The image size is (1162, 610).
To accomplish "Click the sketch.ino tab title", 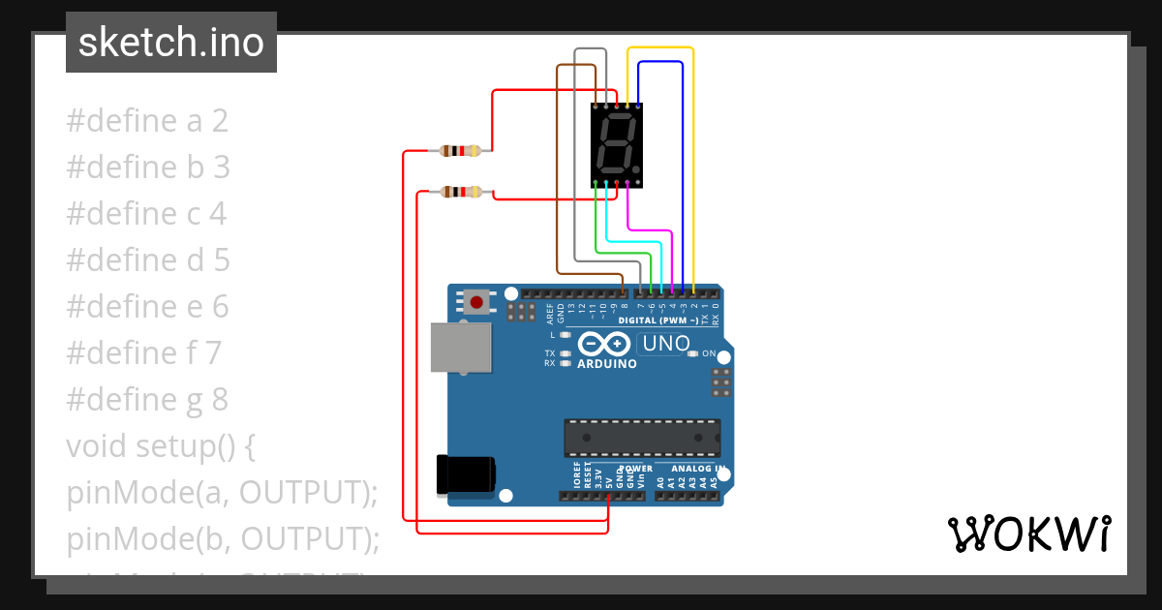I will [x=171, y=43].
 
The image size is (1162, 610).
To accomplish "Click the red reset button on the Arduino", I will [x=476, y=302].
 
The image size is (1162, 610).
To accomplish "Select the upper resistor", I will [x=460, y=150].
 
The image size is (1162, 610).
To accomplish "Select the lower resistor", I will [x=460, y=192].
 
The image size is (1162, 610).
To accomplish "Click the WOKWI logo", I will [x=1028, y=534].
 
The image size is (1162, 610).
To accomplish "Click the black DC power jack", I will [x=466, y=473].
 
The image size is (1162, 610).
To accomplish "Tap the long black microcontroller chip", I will [x=642, y=438].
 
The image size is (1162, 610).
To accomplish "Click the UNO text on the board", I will [x=666, y=343].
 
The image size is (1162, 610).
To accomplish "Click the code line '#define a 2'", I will [x=147, y=121].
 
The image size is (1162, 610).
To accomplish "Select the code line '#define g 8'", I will [x=147, y=399].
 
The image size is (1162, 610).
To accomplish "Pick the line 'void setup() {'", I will [x=161, y=445].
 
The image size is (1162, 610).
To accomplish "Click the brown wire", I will [x=558, y=174].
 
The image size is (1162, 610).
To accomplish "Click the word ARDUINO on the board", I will [x=607, y=364].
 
